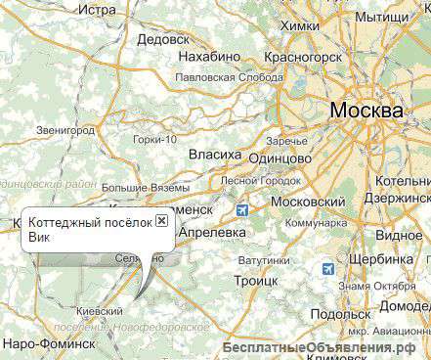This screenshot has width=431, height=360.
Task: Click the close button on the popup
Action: (x=162, y=222)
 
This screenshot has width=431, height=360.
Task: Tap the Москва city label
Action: (x=366, y=111)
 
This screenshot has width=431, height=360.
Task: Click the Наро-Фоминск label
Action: (x=48, y=344)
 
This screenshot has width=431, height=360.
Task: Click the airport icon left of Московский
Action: (x=242, y=209)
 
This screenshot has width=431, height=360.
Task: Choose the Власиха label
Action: (x=214, y=155)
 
